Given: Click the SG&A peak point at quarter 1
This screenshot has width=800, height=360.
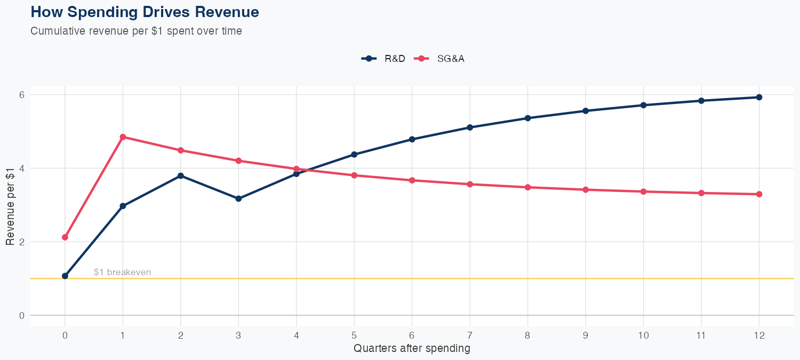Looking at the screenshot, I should click(123, 137).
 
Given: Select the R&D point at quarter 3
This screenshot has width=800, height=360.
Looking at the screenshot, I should click(238, 198).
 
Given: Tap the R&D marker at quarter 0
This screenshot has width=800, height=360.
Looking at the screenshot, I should click(65, 276).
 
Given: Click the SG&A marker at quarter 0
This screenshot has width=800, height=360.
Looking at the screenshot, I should click(65, 237).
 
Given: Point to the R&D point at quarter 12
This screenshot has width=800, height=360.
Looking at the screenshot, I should click(759, 97).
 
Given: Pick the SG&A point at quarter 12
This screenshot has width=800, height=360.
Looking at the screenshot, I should click(759, 194).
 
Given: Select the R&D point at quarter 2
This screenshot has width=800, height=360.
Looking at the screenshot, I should click(181, 175).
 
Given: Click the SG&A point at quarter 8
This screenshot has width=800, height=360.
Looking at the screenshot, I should click(527, 187).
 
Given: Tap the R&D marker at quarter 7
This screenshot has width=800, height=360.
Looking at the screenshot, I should click(470, 127).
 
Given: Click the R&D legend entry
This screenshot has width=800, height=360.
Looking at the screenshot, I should click(383, 59).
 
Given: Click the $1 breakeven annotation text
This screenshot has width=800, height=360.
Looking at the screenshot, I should click(122, 272).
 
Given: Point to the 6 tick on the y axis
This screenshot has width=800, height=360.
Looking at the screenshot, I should click(22, 94).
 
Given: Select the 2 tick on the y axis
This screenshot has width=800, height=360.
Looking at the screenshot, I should click(22, 242).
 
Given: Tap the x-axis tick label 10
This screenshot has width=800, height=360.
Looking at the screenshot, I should click(643, 335).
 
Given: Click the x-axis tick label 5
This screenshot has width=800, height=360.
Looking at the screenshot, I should click(354, 335).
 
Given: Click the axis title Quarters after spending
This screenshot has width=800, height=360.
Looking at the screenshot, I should click(412, 349).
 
